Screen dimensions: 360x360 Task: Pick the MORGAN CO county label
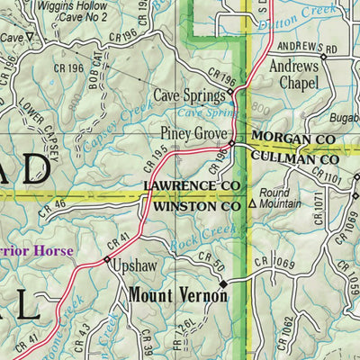pyautogui.click(x=294, y=139)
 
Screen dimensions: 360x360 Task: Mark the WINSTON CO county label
pyautogui.click(x=195, y=206)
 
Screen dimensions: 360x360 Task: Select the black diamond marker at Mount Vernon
pyautogui.click(x=224, y=282)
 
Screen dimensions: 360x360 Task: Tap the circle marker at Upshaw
pyautogui.click(x=107, y=262)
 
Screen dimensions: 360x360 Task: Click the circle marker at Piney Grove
pyautogui.click(x=231, y=143)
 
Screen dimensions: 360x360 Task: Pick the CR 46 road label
pyautogui.click(x=53, y=209)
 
